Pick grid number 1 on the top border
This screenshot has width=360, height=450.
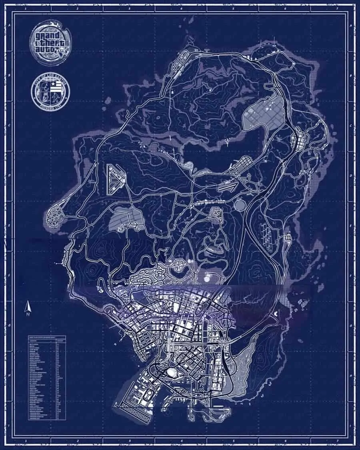[26, 8]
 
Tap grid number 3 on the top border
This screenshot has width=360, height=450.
[130, 8]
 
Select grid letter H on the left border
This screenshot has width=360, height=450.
[8, 376]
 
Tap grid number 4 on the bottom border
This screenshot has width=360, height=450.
[182, 442]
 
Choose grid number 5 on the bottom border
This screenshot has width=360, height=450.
[234, 442]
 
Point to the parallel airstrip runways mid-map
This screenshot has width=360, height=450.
[227, 186]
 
